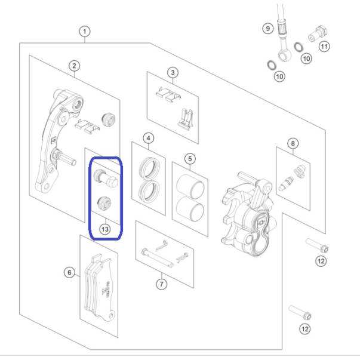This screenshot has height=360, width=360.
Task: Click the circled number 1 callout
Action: click(85, 32)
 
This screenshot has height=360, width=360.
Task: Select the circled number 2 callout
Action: click(74, 66)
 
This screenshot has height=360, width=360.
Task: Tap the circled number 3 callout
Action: click(173, 73)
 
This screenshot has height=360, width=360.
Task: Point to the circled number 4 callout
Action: click(148, 139)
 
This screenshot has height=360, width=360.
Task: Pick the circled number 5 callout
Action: click(190, 159)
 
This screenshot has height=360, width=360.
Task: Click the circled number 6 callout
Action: click(69, 272)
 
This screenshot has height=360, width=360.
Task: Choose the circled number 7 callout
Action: click(161, 284)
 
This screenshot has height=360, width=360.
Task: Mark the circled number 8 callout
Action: click(293, 143)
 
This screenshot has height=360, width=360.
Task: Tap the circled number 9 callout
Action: click(268, 29)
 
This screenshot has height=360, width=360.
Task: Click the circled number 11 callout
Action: click(324, 47)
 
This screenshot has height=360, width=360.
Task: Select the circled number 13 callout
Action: click(105, 229)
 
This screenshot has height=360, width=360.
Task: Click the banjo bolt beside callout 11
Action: click(318, 34)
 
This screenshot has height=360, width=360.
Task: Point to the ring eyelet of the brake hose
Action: click(285, 56)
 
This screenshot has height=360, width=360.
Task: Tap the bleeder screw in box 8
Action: click(285, 184)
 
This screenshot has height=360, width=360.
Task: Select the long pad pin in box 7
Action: click(158, 257)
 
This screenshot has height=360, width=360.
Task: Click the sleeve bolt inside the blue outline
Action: click(106, 179)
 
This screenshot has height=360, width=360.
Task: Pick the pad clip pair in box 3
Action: click(168, 95)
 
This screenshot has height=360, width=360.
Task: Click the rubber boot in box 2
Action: click(109, 119)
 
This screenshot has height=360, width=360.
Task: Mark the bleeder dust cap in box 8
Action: click(300, 171)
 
